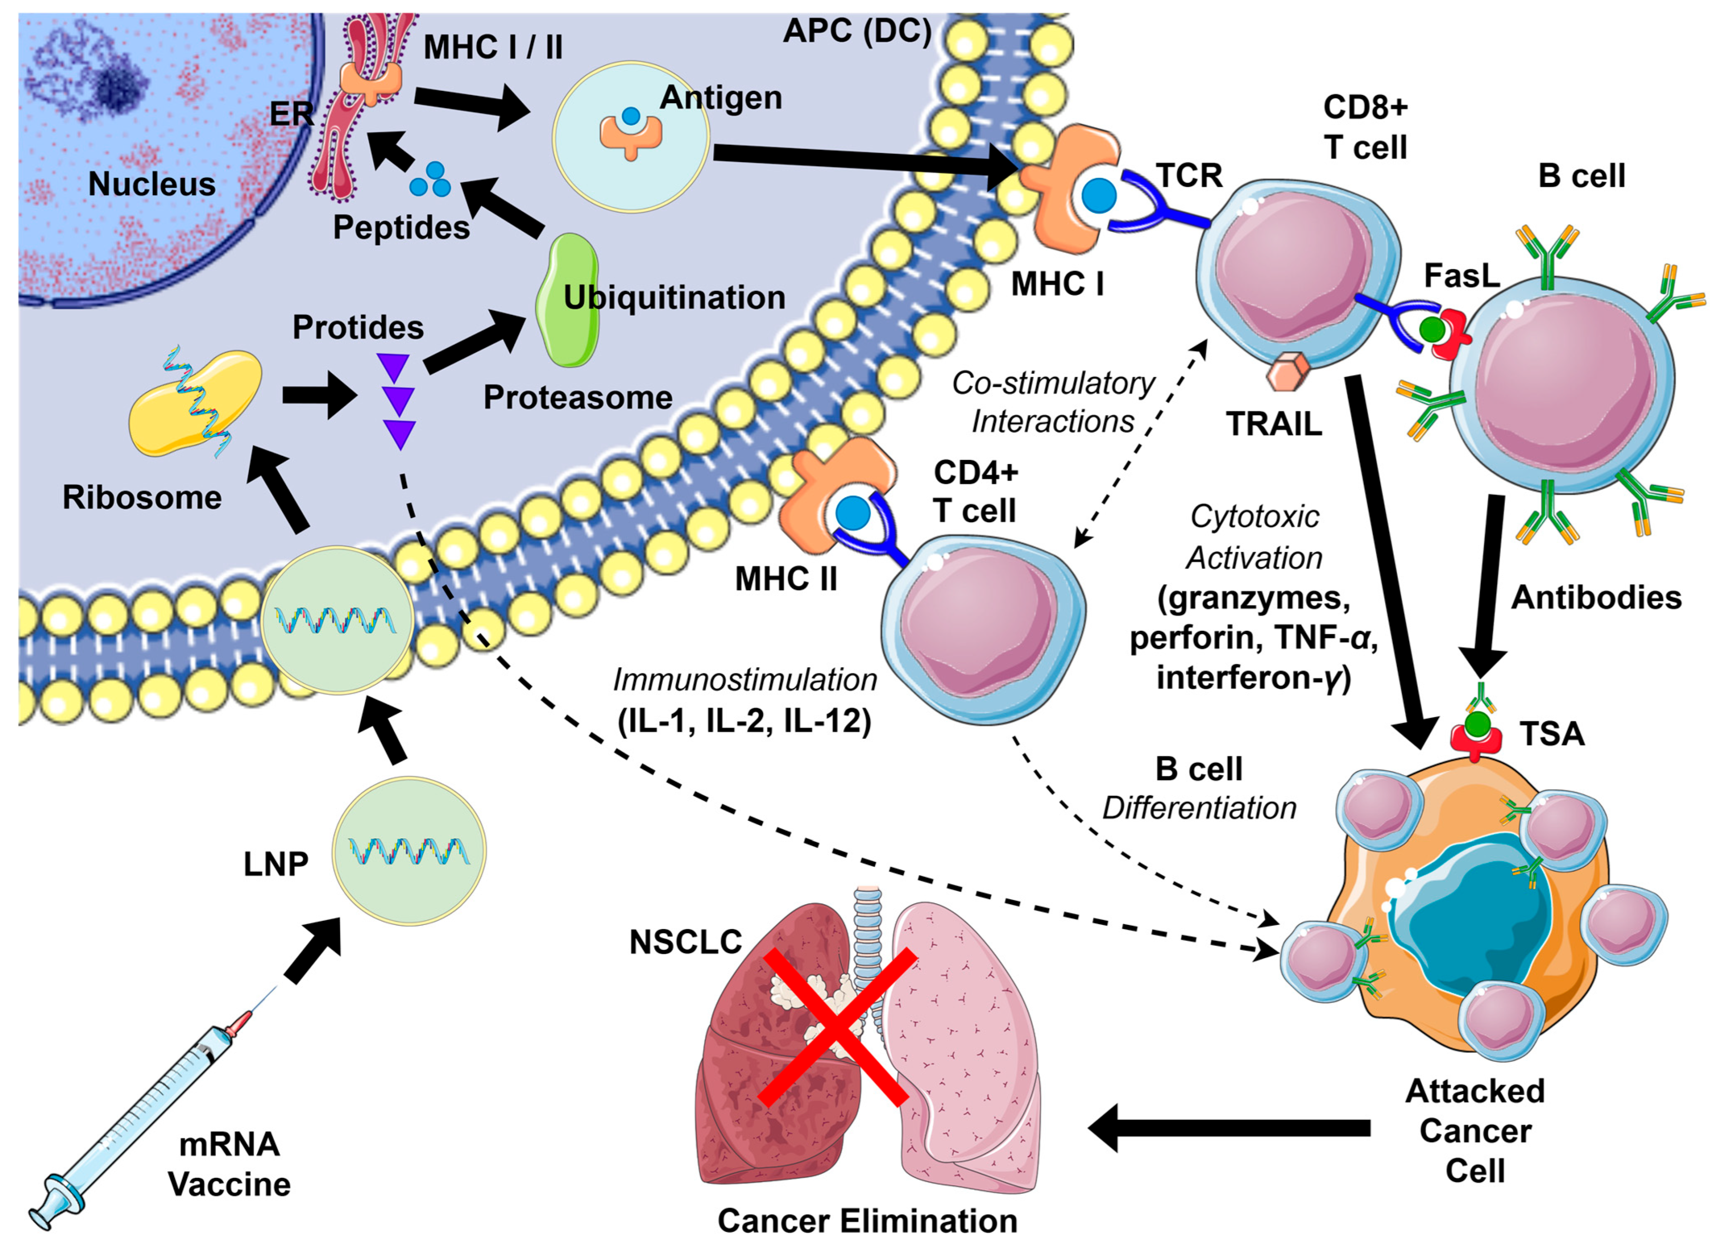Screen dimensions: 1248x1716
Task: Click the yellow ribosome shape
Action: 195,403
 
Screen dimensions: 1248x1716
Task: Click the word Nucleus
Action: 151,184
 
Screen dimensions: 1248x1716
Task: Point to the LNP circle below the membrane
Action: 409,853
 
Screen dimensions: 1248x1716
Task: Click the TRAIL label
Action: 1273,424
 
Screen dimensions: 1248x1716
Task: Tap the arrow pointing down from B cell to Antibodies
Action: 1487,583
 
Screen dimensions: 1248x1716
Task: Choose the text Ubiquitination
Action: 674,297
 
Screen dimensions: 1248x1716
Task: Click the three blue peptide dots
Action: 430,180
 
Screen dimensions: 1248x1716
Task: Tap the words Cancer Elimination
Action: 867,1220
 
